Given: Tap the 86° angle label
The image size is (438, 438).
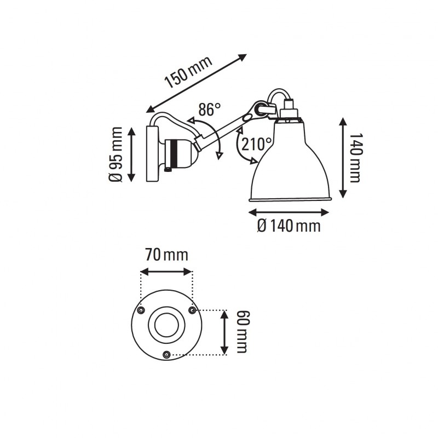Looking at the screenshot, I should (209, 110).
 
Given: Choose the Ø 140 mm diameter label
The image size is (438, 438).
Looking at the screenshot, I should (289, 225).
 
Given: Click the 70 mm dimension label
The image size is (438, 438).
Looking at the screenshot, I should (166, 255).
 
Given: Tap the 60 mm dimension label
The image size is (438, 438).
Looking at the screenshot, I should (241, 331).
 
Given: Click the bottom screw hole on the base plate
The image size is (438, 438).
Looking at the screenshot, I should (166, 355).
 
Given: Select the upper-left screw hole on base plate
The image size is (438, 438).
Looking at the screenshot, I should (142, 310).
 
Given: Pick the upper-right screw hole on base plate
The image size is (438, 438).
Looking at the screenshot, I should (192, 310).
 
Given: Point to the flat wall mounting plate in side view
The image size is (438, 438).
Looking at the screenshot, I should (152, 153).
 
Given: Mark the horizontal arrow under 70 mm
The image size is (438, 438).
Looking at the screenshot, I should (166, 271).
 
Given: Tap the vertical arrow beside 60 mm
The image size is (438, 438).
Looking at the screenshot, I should (224, 332).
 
